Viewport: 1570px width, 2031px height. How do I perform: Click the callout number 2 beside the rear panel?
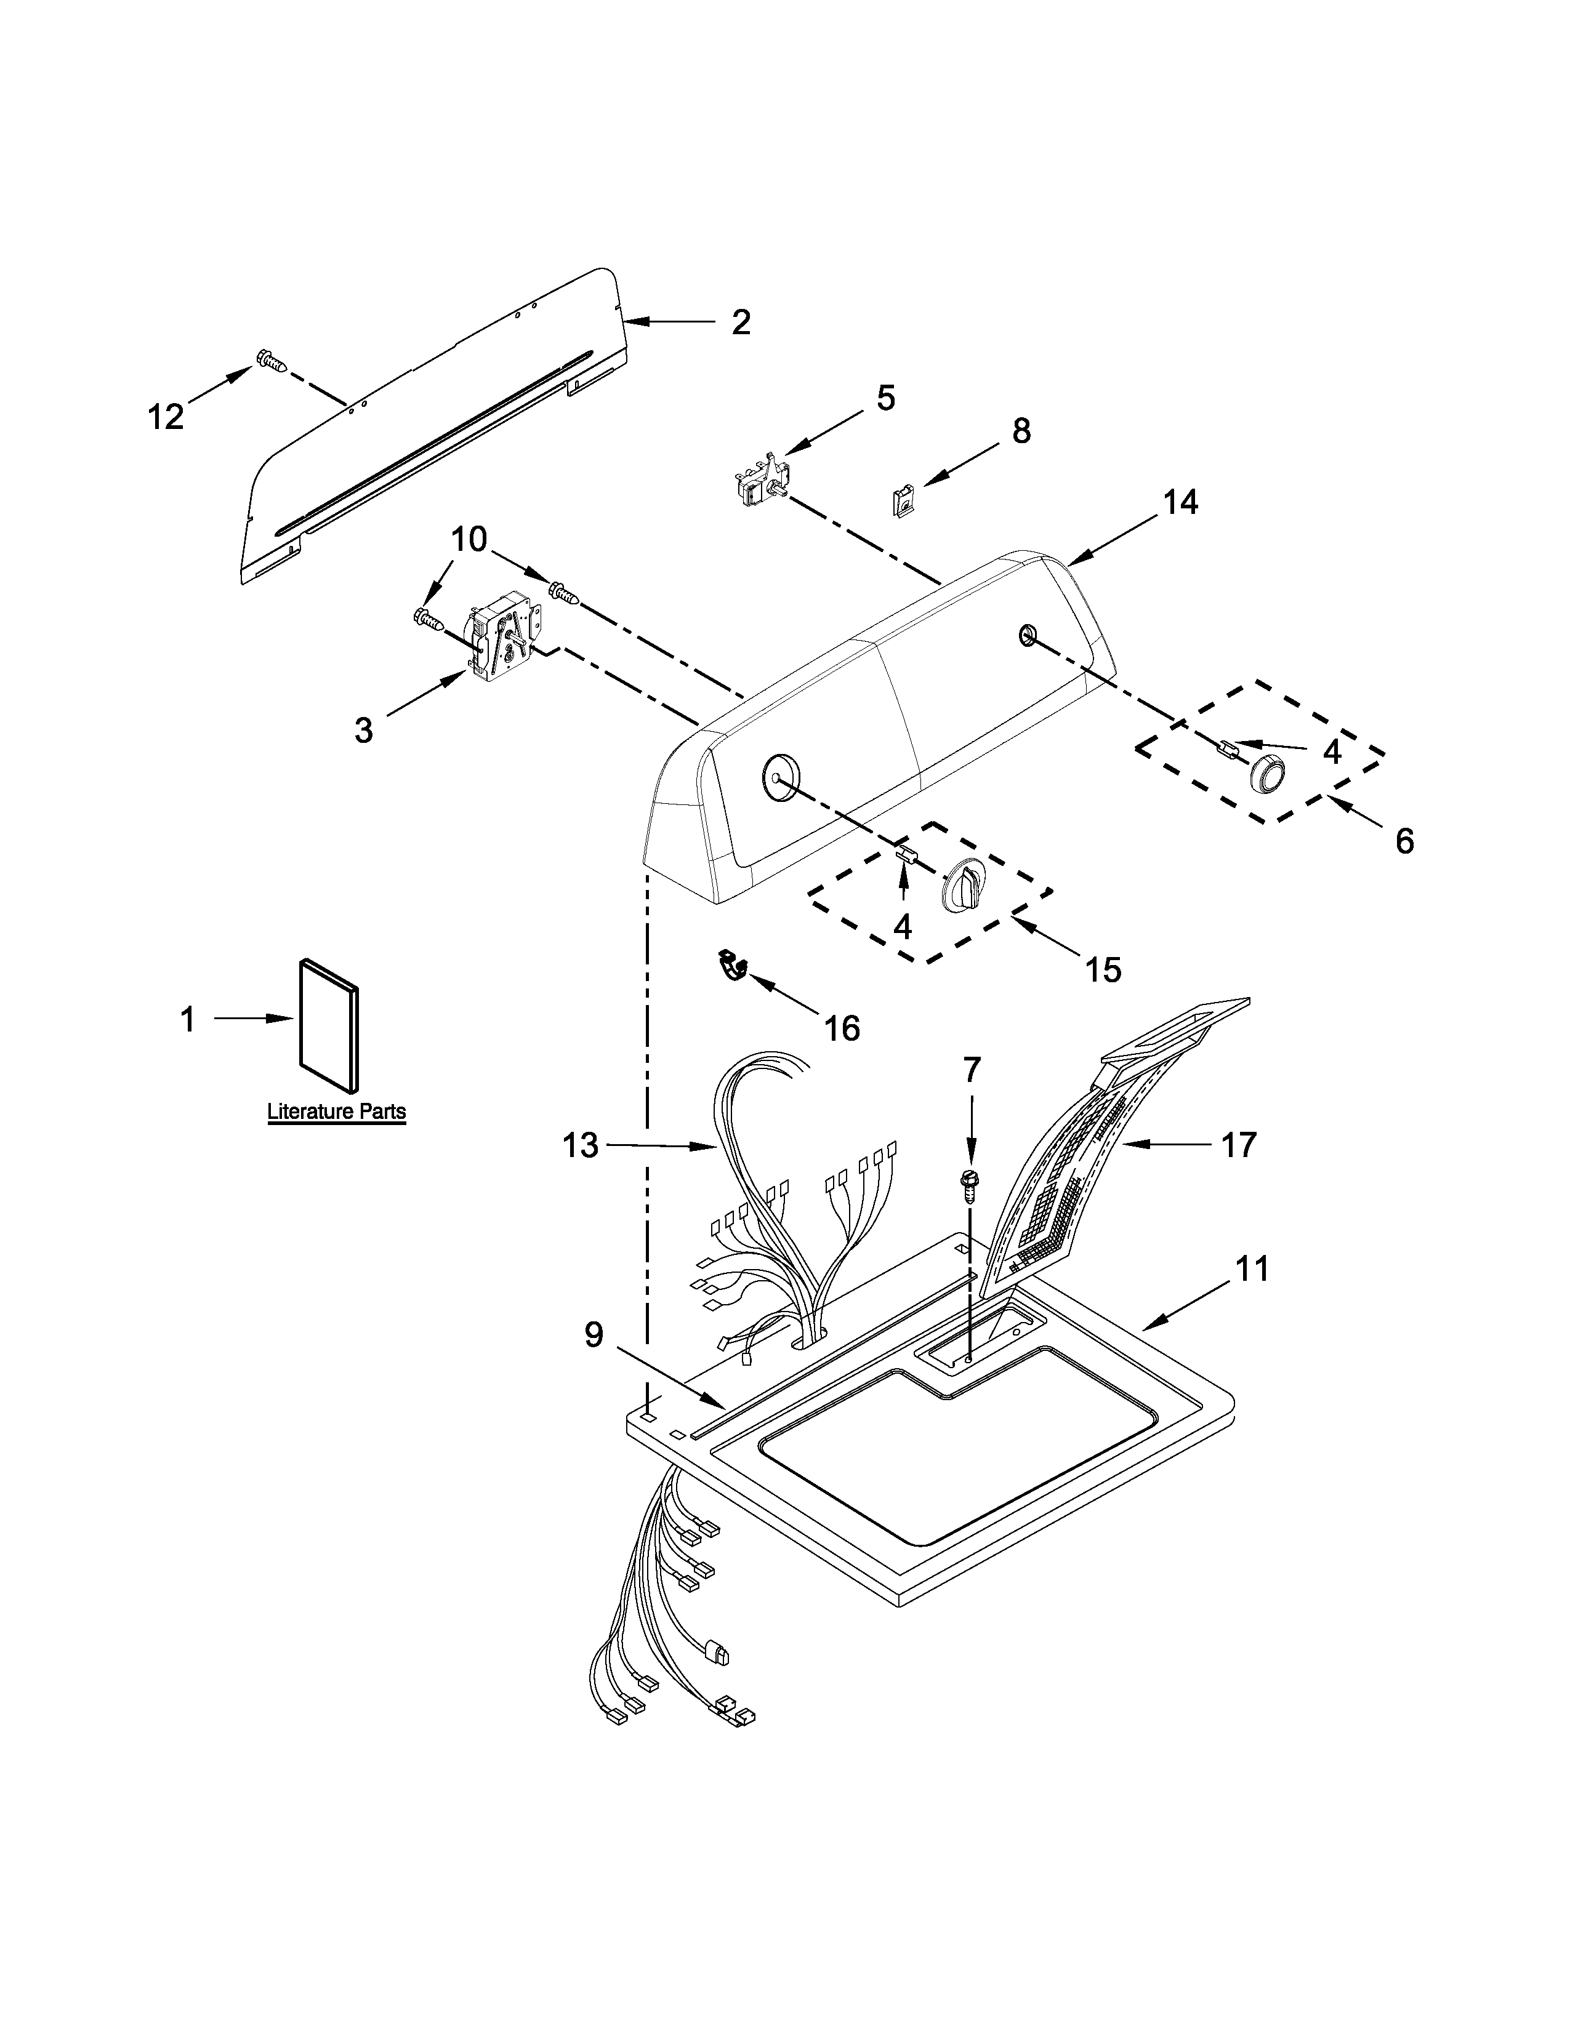[x=740, y=322]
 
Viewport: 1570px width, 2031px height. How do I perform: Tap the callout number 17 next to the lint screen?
[x=1238, y=1144]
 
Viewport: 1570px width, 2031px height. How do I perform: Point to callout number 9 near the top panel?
[x=594, y=1336]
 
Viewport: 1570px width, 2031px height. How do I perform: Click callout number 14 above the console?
[x=1180, y=502]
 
